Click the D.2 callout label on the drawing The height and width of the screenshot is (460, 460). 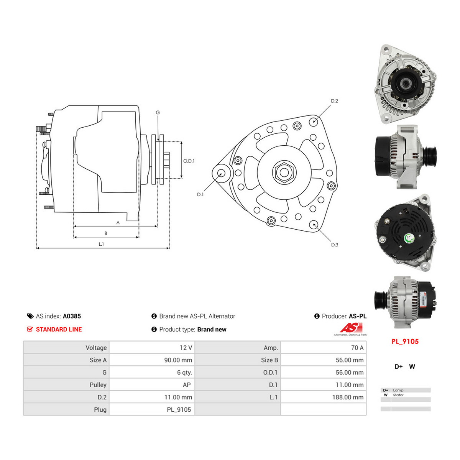coord(334,101)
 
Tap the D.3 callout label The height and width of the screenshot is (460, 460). coord(334,245)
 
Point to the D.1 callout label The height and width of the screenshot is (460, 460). coord(200,195)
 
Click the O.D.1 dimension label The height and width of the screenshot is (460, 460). coord(189,161)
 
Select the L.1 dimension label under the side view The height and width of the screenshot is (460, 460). coord(101,244)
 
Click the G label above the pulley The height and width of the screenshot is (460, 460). coord(158,112)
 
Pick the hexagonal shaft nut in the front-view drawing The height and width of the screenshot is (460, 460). coord(284,172)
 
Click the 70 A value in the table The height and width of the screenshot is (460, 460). coord(357,348)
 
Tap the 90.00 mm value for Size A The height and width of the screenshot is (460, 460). coord(178,360)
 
